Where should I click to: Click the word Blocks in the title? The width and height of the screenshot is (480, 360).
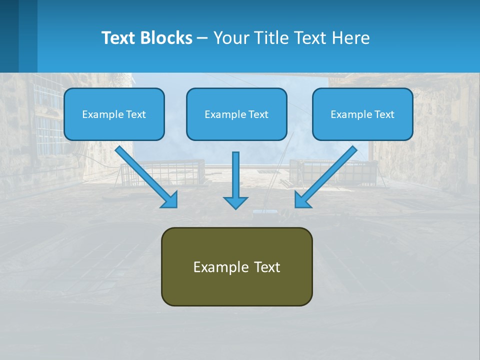(167, 38)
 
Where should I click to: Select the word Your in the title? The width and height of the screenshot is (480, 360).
(230, 38)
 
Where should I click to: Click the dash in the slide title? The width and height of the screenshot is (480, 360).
(202, 38)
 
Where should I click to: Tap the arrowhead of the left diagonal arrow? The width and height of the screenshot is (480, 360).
(170, 200)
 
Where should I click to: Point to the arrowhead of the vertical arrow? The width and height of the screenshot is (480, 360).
(235, 202)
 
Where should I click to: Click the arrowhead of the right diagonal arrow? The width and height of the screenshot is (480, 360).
(302, 200)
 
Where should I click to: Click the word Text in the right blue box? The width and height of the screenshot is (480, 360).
(384, 114)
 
